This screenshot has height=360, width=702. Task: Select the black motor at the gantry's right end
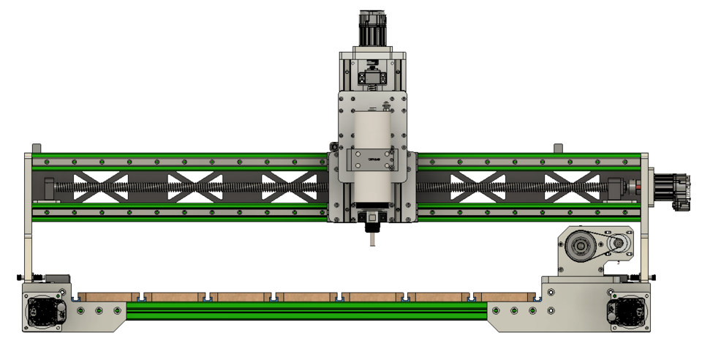click(x=672, y=192)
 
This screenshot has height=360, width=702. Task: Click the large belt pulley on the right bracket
click(x=583, y=247)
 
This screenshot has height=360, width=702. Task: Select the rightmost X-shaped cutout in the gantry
click(x=572, y=187)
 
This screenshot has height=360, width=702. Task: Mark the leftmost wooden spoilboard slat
click(x=107, y=296)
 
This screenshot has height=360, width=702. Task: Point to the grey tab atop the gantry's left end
click(x=37, y=149)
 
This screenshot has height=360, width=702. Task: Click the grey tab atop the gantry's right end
click(x=558, y=149)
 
